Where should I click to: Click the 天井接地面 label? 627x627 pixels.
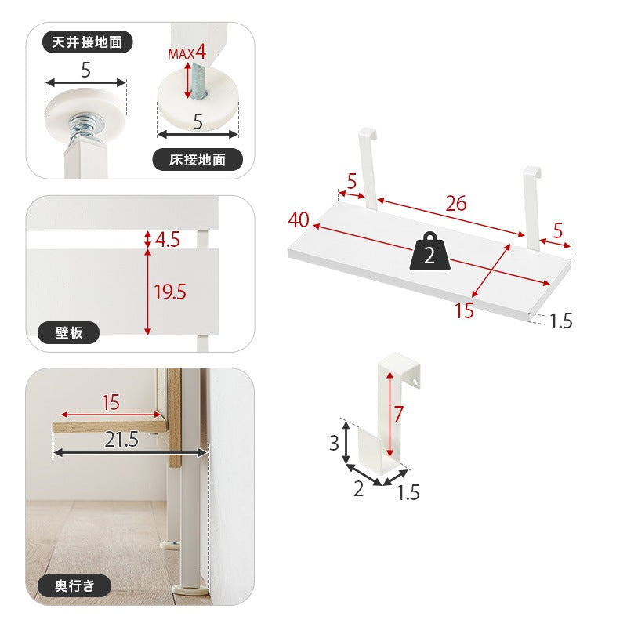[x=87, y=42]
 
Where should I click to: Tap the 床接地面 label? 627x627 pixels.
[x=198, y=160]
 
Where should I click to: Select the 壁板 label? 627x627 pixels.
[x=68, y=332]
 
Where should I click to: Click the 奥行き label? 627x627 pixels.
[x=74, y=586]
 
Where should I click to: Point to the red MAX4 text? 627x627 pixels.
[x=187, y=53]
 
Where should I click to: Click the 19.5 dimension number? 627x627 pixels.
[x=170, y=292]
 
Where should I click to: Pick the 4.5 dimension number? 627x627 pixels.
[x=168, y=240]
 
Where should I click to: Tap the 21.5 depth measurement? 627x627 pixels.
[x=121, y=440]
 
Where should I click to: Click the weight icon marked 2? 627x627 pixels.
[x=429, y=252]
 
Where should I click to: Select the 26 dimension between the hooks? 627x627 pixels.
[x=456, y=204]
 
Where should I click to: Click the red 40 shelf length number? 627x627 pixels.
[x=299, y=220]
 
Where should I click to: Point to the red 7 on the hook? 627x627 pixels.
[x=398, y=414]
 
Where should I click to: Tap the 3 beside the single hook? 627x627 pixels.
[x=335, y=443]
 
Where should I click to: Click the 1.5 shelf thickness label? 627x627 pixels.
[x=561, y=321]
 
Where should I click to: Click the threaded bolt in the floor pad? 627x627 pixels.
[x=198, y=83]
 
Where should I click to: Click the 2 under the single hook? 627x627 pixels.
[x=359, y=488]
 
